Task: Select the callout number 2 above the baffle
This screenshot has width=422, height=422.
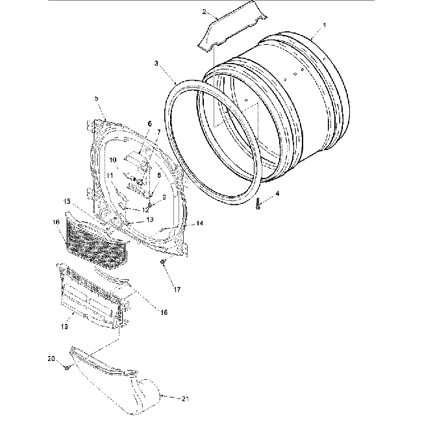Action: point(205,12)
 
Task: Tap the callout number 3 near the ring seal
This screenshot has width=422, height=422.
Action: point(156,64)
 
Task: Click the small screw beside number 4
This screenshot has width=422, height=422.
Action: point(259,204)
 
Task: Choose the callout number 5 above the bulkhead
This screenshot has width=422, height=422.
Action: point(96,98)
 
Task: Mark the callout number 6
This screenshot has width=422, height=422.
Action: point(149,123)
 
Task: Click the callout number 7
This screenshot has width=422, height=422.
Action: point(157,132)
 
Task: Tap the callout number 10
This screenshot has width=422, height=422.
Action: point(112,160)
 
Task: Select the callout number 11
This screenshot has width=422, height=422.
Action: point(111,175)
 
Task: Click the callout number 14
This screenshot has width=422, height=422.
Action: point(199,223)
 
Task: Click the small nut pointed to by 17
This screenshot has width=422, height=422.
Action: point(163,262)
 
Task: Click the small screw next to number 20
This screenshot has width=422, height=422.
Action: point(67,367)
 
